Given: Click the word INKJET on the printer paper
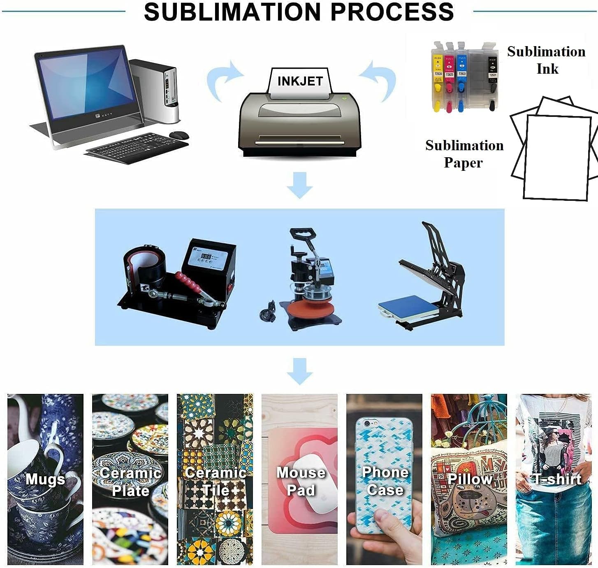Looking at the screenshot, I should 300,81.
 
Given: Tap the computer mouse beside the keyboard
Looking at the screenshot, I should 179,135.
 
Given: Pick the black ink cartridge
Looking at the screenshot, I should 492,76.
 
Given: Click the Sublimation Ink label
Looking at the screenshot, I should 547,60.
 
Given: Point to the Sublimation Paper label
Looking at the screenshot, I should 464,154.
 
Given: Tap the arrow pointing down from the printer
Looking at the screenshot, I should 299,185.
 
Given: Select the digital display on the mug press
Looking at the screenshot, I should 206,257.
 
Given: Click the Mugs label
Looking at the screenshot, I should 45,480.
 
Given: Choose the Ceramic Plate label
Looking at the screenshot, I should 130,482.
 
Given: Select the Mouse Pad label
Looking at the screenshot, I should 301,481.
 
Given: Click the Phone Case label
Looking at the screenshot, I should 385,481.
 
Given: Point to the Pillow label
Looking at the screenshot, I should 469,479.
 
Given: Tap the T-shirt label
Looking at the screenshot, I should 557,479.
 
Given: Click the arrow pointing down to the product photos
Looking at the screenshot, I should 299,371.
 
